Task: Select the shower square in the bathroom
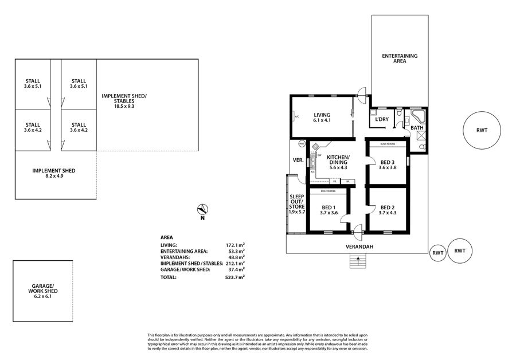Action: [x=422, y=135]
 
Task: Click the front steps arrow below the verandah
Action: [x=358, y=261]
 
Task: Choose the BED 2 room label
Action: [x=388, y=210]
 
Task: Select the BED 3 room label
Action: [x=388, y=164]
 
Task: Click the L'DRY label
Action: [x=382, y=119]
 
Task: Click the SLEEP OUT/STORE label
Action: [x=296, y=204]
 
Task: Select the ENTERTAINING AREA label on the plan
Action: [x=400, y=58]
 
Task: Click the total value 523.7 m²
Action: [x=235, y=277]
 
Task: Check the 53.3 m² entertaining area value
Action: [x=236, y=251]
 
